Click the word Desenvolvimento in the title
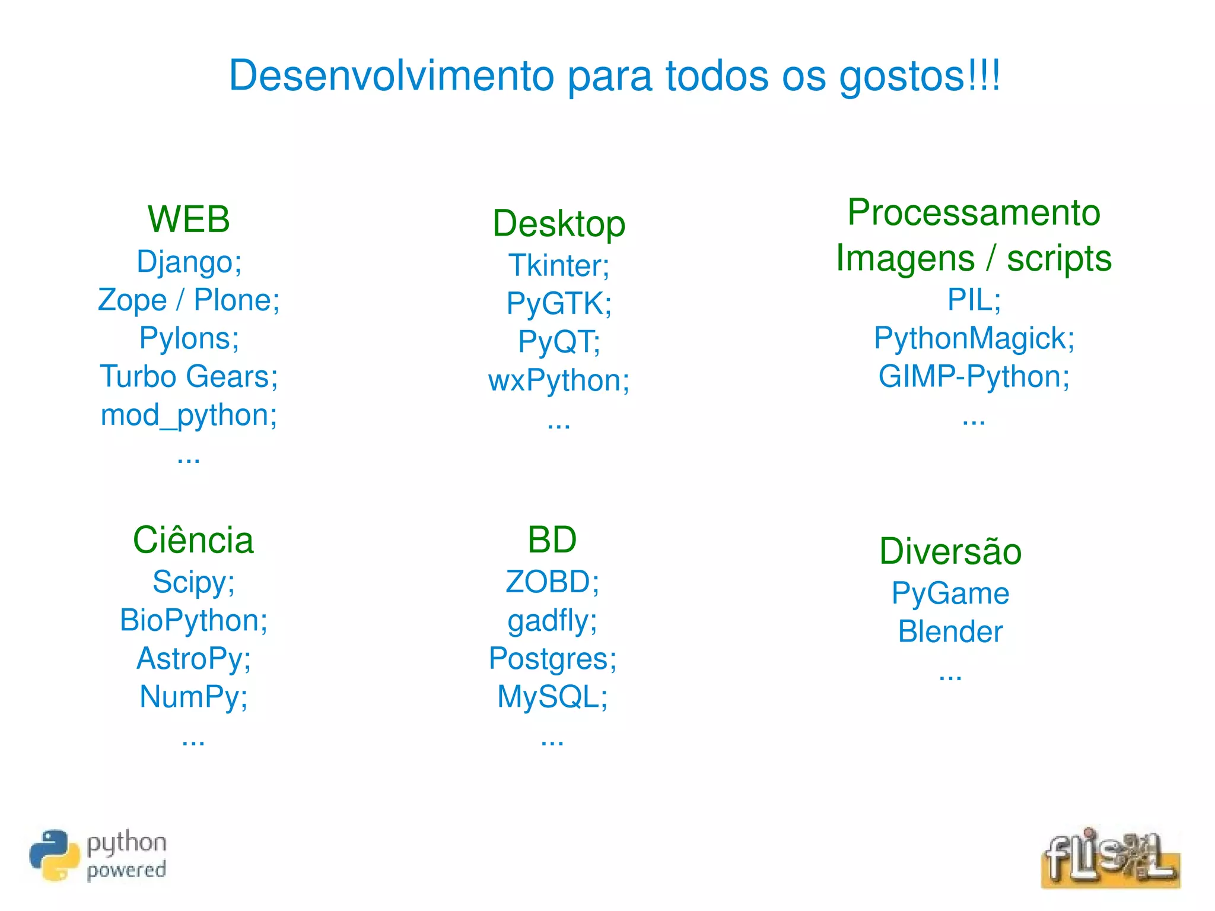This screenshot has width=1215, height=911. (392, 76)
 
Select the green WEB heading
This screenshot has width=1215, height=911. (189, 219)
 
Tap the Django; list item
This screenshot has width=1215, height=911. (189, 262)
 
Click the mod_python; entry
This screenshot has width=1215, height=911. (189, 415)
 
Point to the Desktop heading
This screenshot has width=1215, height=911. (558, 224)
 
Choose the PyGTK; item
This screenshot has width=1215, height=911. (558, 303)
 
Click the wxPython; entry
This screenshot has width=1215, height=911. (558, 380)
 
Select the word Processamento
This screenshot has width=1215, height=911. (973, 212)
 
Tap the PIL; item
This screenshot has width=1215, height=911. (973, 300)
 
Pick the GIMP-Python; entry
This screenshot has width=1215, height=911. (973, 376)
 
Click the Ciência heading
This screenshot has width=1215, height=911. (193, 540)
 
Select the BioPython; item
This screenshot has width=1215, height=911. (193, 620)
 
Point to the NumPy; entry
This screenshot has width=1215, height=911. (193, 697)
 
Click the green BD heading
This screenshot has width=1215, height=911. (552, 540)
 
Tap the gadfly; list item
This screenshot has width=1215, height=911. (552, 621)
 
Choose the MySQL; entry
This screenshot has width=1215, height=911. (552, 697)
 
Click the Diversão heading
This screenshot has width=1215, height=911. (950, 551)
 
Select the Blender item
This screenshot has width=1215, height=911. (950, 631)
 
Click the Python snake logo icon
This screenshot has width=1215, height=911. (54, 855)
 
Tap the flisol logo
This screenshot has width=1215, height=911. (1109, 858)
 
